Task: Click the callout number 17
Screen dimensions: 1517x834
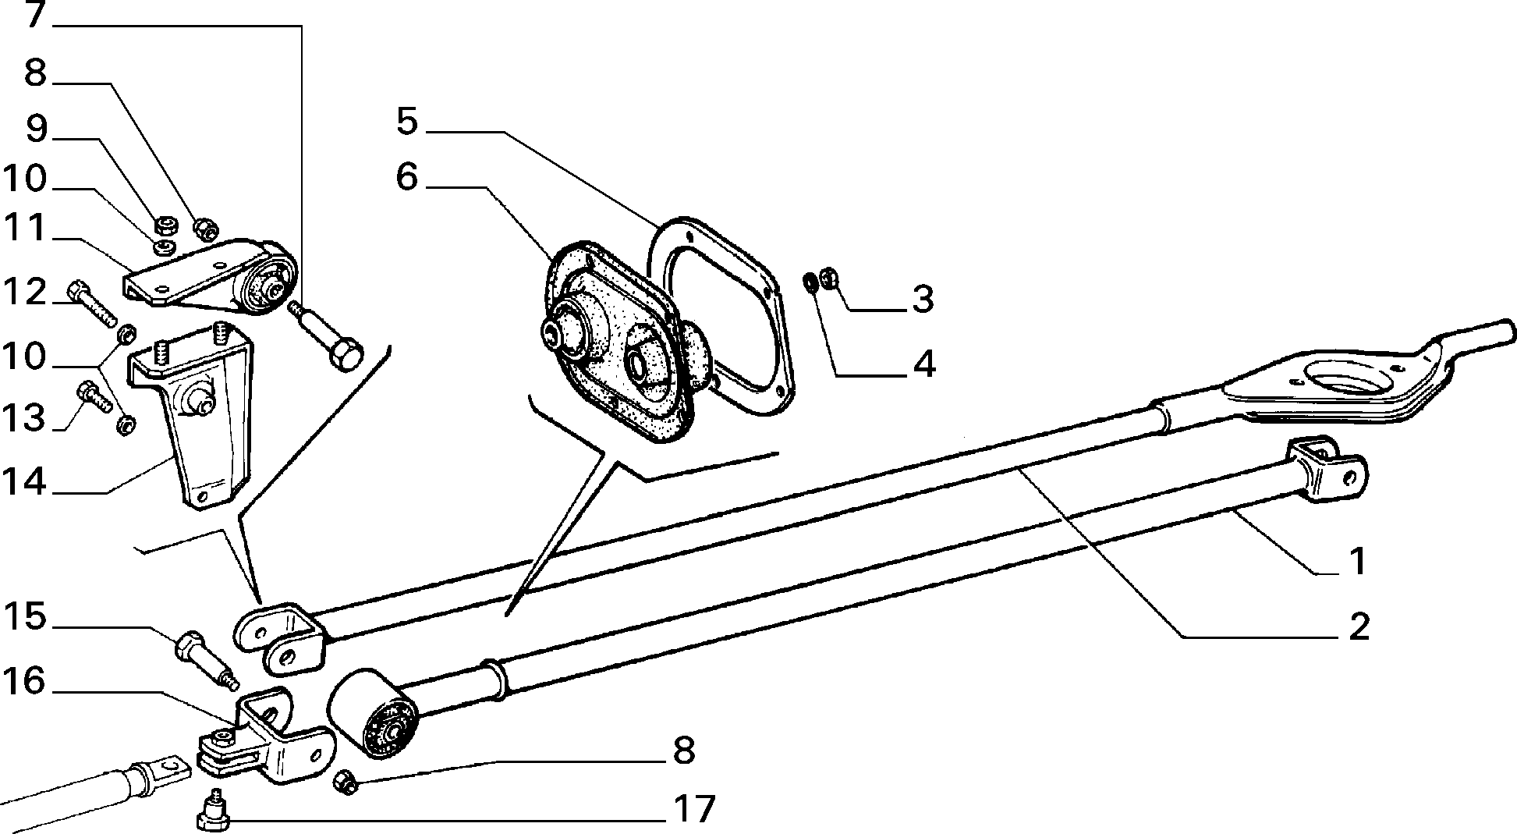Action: (x=693, y=808)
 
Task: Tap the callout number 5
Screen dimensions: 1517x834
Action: (x=407, y=121)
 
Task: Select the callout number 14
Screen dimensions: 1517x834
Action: (x=24, y=481)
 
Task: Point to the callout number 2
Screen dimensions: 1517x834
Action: (x=1359, y=626)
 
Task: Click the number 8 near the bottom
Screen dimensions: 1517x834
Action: (x=682, y=751)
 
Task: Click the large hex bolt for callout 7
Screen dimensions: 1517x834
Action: (x=328, y=337)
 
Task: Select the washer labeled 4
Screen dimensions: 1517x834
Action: (x=811, y=281)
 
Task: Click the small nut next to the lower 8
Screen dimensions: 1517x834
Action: (x=344, y=782)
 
